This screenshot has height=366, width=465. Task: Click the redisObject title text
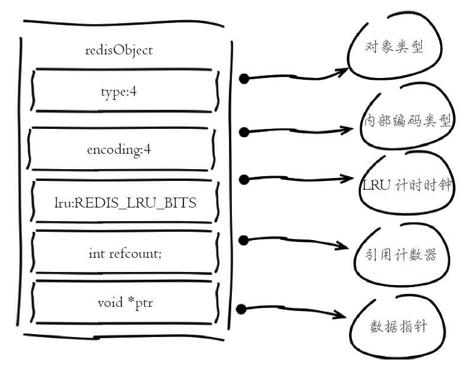tap(118, 50)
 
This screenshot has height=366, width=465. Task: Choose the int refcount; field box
tap(123, 252)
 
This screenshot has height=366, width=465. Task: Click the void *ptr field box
tap(123, 304)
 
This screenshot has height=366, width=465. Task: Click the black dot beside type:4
tap(243, 78)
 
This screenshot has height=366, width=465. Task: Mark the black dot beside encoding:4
tap(243, 131)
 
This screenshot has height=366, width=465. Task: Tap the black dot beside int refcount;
tap(243, 239)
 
